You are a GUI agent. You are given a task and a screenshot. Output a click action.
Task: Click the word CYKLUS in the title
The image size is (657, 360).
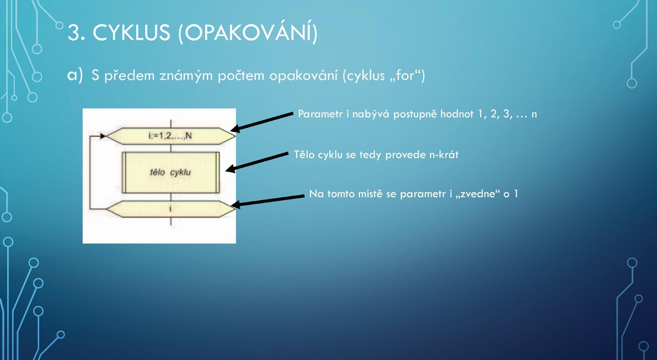pyautogui.click(x=131, y=32)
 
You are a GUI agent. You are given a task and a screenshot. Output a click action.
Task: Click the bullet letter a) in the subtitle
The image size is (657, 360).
pyautogui.click(x=75, y=75)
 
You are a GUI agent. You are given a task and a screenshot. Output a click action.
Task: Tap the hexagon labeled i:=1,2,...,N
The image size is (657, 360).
pyautogui.click(x=171, y=136)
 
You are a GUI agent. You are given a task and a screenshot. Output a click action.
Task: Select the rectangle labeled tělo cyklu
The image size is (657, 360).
pyautogui.click(x=171, y=173)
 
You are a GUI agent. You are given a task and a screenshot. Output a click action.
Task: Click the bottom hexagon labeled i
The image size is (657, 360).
pyautogui.click(x=171, y=209)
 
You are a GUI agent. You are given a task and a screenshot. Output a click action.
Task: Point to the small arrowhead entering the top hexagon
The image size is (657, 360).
pyautogui.click(x=103, y=136)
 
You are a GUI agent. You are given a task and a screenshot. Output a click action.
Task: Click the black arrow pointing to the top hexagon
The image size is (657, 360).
pyautogui.click(x=262, y=122)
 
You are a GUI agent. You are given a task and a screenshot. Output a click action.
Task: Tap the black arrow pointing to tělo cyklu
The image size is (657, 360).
pyautogui.click(x=257, y=162)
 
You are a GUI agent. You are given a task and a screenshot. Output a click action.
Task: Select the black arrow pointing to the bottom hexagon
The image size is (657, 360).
pyautogui.click(x=267, y=201)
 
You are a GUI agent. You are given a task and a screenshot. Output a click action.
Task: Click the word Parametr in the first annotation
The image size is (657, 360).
pyautogui.click(x=320, y=114)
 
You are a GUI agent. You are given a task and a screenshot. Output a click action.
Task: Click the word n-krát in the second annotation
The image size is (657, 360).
pyautogui.click(x=444, y=155)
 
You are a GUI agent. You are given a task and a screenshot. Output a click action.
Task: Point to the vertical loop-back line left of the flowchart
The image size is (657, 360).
pyautogui.click(x=90, y=173)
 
